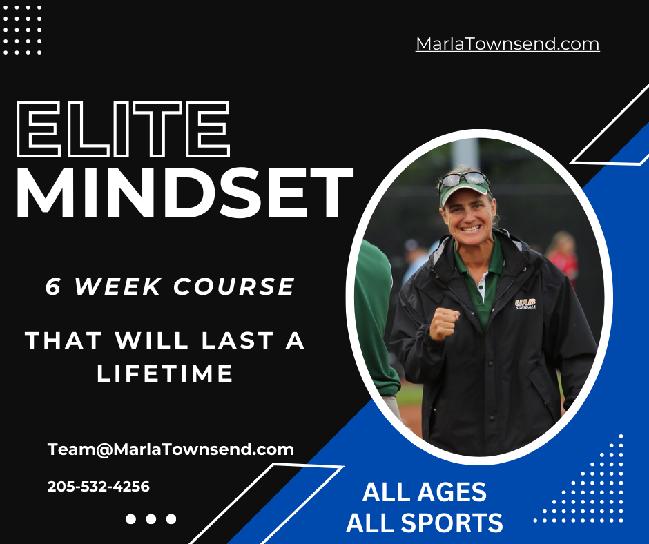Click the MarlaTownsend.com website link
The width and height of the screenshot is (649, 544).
(x=507, y=44)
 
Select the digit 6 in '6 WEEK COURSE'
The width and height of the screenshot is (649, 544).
(x=53, y=286)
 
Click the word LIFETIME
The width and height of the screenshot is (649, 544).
(x=165, y=374)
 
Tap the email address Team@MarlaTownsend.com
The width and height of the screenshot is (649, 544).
(x=171, y=449)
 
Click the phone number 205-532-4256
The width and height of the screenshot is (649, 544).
(x=98, y=487)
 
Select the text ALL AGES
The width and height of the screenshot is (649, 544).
(x=424, y=493)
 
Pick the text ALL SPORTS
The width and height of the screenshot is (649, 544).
(x=424, y=523)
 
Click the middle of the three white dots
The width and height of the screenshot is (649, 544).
(x=151, y=519)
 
